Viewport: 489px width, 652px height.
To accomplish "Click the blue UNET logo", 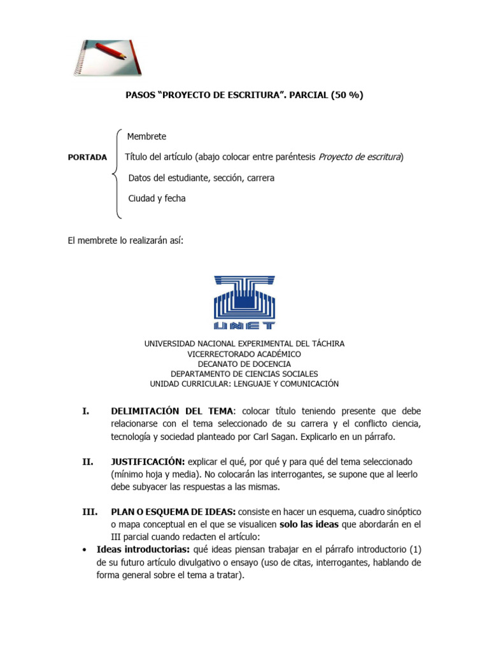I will [x=245, y=302].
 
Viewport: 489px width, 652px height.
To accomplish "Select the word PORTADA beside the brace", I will [x=87, y=158].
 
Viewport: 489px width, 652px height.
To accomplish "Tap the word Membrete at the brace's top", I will [x=146, y=136].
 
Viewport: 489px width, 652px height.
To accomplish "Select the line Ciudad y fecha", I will [x=157, y=199].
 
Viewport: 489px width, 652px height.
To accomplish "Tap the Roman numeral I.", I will [x=85, y=411].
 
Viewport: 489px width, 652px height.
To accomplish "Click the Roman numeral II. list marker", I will [x=88, y=461].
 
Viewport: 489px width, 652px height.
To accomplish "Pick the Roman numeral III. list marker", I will [x=89, y=511].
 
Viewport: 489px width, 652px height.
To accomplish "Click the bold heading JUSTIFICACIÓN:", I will [x=148, y=461].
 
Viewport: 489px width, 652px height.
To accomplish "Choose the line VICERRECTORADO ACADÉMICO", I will [x=244, y=354].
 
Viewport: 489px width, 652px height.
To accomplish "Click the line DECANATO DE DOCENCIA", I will [x=244, y=364].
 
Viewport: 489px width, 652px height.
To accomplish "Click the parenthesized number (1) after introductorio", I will [x=415, y=549].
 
